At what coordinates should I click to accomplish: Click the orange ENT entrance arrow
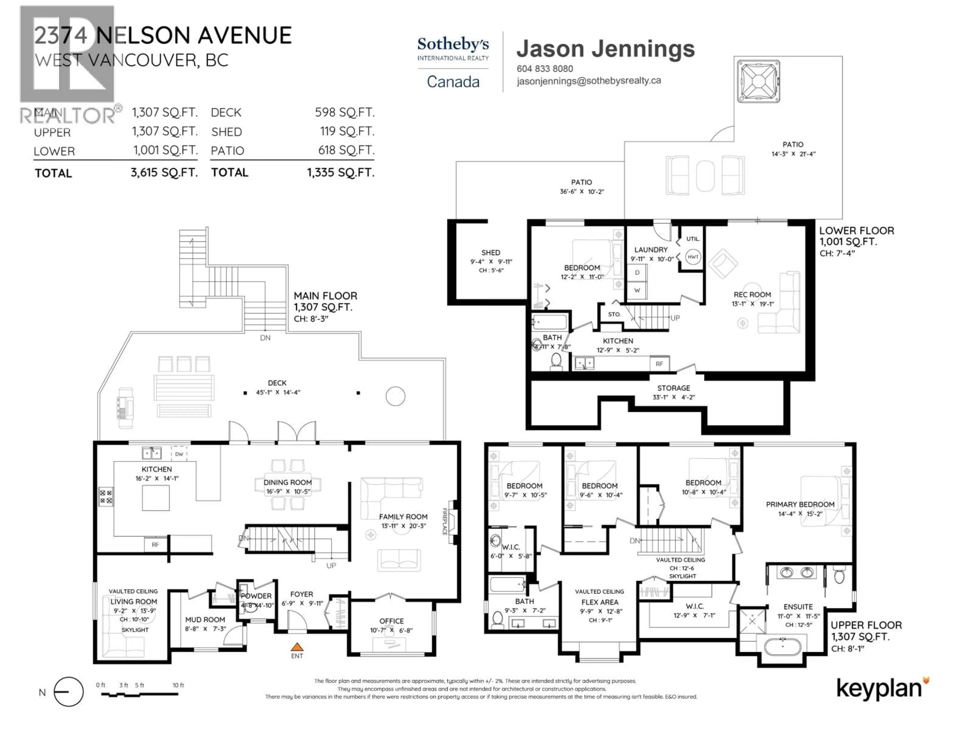point(297,646)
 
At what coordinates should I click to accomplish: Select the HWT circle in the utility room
point(693,257)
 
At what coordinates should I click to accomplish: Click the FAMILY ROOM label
point(403,517)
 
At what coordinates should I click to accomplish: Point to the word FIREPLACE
point(445,522)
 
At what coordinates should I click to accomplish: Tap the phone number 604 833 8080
point(545,69)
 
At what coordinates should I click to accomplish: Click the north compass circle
point(69,692)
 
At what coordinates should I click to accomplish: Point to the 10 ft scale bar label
point(178,685)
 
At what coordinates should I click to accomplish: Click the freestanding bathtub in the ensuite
point(783,647)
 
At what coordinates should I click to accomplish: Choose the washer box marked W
point(637,290)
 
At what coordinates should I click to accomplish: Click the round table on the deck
point(395,396)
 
